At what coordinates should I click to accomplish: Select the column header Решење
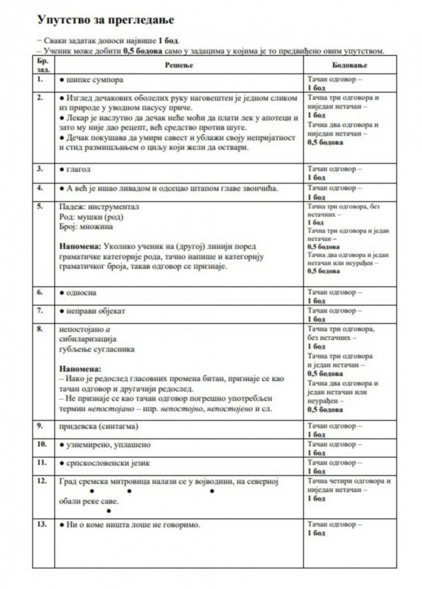click(179, 65)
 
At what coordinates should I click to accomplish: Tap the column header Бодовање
click(349, 65)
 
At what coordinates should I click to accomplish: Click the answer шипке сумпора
click(94, 80)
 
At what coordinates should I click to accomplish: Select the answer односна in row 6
click(81, 293)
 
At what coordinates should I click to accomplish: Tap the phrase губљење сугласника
click(97, 349)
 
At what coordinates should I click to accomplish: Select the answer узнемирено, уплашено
click(108, 445)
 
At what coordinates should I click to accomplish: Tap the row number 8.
click(40, 329)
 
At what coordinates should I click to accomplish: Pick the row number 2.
click(40, 98)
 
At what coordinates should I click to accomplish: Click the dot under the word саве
click(109, 511)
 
